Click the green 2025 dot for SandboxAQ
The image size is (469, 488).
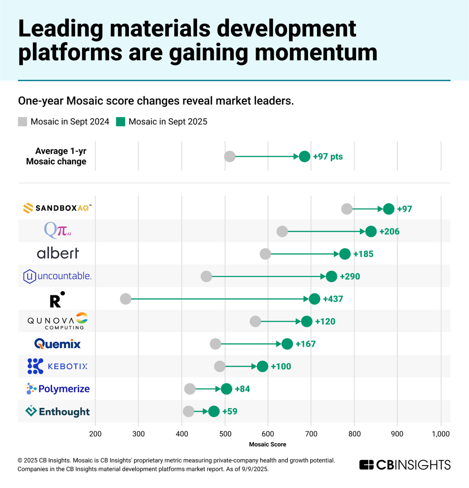click(x=389, y=209)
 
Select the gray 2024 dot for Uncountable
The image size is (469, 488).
click(x=206, y=276)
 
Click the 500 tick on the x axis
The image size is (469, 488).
click(x=225, y=434)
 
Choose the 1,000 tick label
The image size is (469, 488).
click(x=441, y=434)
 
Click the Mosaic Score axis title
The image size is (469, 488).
click(x=267, y=444)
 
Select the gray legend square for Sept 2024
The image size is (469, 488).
click(x=23, y=121)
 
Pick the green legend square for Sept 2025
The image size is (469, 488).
click(x=120, y=121)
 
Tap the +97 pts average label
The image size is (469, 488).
click(x=328, y=157)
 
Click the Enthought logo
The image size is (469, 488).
click(x=57, y=411)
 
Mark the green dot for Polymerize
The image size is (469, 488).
click(x=226, y=389)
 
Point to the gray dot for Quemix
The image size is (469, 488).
click(x=216, y=344)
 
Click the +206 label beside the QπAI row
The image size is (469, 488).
click(x=389, y=231)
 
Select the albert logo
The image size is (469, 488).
click(x=58, y=253)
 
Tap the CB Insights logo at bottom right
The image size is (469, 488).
click(x=405, y=465)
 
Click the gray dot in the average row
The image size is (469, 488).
click(x=230, y=157)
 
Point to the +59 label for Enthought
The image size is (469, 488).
click(x=230, y=411)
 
